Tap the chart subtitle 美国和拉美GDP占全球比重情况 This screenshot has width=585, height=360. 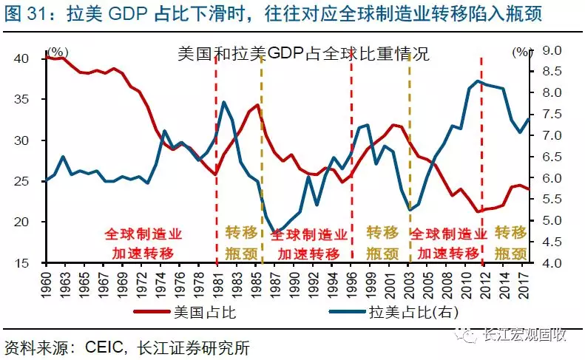[x=303, y=55]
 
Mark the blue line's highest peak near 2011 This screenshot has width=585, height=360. [x=479, y=81]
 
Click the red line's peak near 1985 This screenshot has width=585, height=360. [x=257, y=105]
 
